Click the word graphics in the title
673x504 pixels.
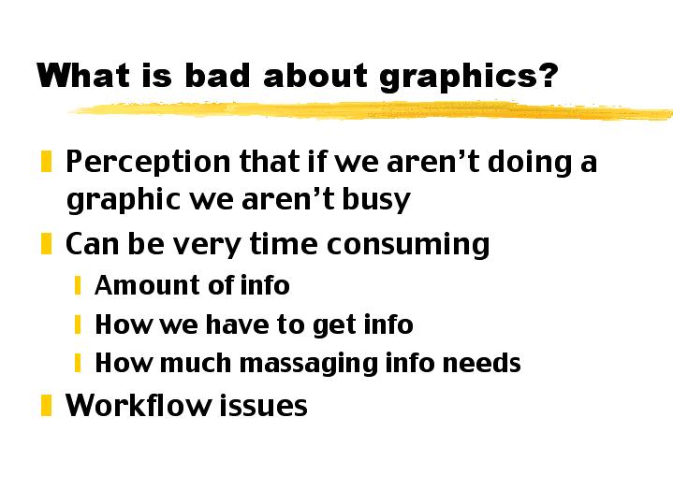pos(468,76)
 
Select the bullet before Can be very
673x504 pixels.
pos(46,245)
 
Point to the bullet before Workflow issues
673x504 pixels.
pos(46,405)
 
